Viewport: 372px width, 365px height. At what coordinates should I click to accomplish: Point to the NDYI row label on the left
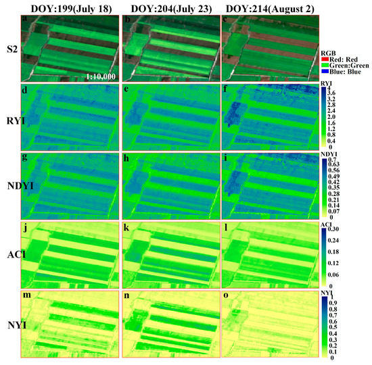coord(11,184)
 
